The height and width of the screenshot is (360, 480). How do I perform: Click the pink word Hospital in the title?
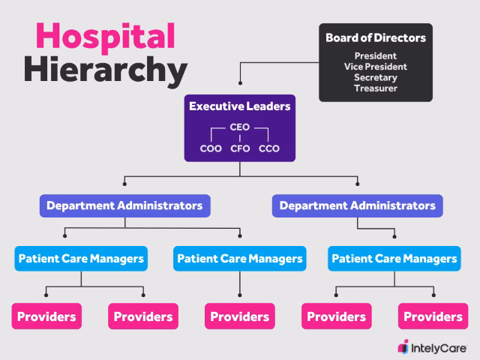click(x=105, y=35)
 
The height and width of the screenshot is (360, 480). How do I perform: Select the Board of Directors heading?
click(x=376, y=37)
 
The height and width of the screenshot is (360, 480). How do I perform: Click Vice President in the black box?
click(x=376, y=66)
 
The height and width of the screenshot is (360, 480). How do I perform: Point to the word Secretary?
click(x=376, y=77)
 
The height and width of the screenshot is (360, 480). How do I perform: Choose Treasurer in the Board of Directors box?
click(x=376, y=88)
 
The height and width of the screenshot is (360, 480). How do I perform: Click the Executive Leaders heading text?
click(x=239, y=106)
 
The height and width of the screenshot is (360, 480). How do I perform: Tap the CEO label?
click(x=239, y=127)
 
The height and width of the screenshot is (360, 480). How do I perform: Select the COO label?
click(x=211, y=148)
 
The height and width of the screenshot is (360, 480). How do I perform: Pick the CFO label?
click(x=240, y=148)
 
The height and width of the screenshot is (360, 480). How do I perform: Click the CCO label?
click(x=268, y=148)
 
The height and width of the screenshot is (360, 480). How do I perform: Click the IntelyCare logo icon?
click(x=403, y=346)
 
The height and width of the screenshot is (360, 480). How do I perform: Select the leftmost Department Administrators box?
click(x=124, y=205)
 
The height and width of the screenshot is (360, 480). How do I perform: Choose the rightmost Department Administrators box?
click(x=357, y=205)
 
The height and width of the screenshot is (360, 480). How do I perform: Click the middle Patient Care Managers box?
click(x=240, y=259)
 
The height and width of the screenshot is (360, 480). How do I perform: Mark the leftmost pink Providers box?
click(x=46, y=316)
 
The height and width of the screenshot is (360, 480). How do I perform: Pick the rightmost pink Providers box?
click(x=433, y=316)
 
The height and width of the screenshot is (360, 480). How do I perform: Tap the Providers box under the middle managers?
click(x=240, y=316)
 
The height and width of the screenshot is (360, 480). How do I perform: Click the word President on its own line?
click(x=376, y=55)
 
